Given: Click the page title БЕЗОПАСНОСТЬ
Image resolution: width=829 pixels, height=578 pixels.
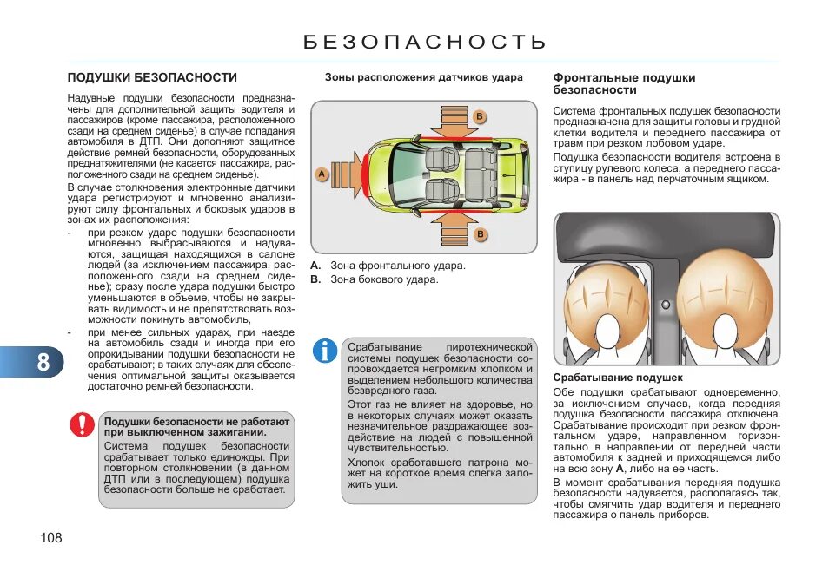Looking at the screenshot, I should click(x=425, y=43).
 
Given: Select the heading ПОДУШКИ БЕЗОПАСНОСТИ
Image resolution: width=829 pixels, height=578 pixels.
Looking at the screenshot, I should click(x=152, y=77).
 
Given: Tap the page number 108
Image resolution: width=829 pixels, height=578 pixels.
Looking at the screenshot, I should click(x=51, y=538).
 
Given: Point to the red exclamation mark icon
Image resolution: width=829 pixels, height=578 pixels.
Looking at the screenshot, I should click(x=83, y=424).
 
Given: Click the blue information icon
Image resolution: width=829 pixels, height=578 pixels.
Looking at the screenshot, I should click(x=325, y=351).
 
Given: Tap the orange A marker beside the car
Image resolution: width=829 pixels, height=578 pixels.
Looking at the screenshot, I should click(x=321, y=174).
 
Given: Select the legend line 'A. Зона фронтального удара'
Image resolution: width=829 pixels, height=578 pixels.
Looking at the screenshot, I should click(x=388, y=266).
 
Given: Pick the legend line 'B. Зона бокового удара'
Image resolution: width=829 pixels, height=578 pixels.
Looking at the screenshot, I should click(x=375, y=279).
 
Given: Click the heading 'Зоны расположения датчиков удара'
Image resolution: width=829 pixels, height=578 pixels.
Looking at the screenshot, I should click(x=424, y=77).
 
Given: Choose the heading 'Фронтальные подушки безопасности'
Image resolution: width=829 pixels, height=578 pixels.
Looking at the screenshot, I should click(x=624, y=83).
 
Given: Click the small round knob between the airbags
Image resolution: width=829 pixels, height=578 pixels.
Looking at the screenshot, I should click(x=665, y=305).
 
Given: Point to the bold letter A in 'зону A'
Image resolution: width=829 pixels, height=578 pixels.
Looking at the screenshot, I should click(x=620, y=469).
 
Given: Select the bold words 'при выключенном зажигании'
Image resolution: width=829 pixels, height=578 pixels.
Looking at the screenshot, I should click(x=185, y=432).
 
